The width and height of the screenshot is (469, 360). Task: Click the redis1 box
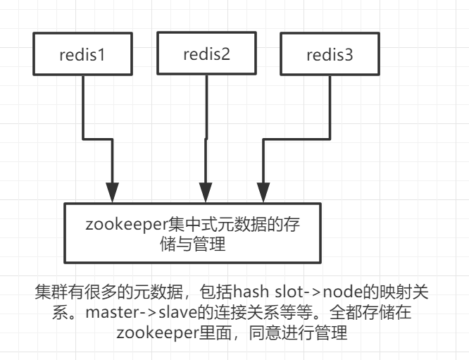pyautogui.click(x=82, y=54)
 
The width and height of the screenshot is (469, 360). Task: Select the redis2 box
pyautogui.click(x=206, y=54)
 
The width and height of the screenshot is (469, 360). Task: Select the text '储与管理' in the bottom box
pyautogui.click(x=194, y=244)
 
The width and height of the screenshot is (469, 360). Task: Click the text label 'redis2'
pyautogui.click(x=206, y=54)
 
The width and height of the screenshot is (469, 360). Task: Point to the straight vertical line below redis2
pyautogui.click(x=206, y=127)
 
